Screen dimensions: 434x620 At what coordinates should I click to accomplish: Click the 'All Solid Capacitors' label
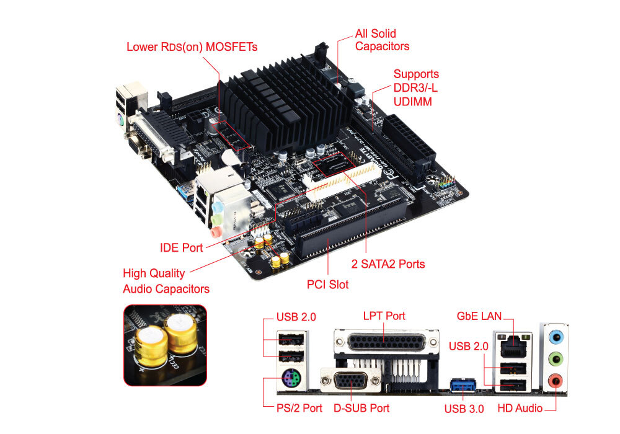(382, 40)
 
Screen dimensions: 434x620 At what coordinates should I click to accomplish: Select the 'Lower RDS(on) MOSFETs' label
(192, 47)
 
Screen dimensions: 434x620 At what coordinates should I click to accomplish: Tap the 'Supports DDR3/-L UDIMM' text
(416, 87)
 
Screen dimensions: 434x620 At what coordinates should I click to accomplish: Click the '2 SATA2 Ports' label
(389, 264)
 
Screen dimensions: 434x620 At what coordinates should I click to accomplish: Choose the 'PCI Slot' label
(328, 285)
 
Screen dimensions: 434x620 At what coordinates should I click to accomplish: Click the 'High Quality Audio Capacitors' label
(166, 281)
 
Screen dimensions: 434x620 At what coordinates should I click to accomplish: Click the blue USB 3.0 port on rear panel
(461, 384)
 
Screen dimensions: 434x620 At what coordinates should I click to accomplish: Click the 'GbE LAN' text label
(479, 316)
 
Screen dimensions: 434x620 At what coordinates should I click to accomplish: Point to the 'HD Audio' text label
(520, 409)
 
